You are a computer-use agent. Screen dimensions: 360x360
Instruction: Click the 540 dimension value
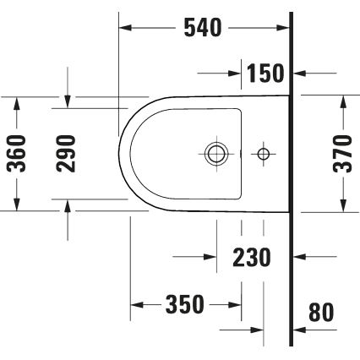[x=202, y=28]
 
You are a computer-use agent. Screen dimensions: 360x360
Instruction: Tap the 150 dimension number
[x=265, y=74]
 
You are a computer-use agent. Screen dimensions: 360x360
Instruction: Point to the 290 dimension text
[x=67, y=153]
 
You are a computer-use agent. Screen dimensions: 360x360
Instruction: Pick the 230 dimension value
[x=252, y=256]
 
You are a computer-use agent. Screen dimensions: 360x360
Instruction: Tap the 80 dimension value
[x=321, y=313]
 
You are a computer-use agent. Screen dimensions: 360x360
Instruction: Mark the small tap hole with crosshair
[x=264, y=154]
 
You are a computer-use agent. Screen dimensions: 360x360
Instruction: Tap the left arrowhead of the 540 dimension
[x=124, y=28]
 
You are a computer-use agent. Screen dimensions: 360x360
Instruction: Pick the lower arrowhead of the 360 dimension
[x=16, y=205]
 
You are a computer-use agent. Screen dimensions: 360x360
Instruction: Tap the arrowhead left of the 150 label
[x=237, y=74]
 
